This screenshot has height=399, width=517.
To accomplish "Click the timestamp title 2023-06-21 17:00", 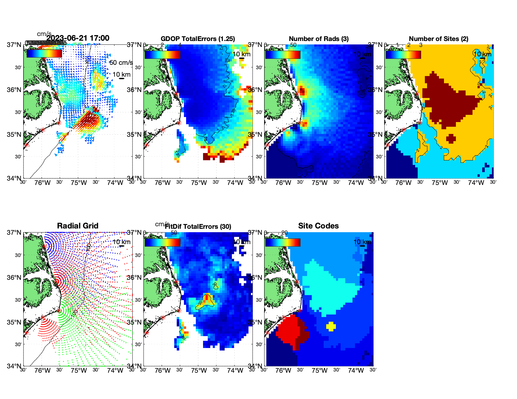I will point(78,38).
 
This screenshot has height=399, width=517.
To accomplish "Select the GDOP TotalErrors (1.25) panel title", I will point(198,39).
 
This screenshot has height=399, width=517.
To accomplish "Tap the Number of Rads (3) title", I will point(319,39).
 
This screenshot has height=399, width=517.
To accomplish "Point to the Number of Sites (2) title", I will point(439,39).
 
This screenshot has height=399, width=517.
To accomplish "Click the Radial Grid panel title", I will point(78,226).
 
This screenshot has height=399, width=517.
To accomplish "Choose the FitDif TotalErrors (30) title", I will point(198,227).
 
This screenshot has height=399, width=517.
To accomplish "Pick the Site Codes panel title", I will point(318,226).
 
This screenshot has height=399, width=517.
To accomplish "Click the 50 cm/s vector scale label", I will point(121,63).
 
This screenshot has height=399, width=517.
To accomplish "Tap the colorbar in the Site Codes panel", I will point(283,243).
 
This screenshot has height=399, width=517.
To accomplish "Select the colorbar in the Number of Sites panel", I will point(403,55).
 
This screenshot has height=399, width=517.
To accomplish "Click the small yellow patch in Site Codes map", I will point(331,326).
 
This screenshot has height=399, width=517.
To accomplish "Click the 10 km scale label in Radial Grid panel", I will point(121,242).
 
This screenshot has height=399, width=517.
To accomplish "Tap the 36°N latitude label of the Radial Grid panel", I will point(14,278).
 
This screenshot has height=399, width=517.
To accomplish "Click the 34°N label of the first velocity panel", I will point(14,178).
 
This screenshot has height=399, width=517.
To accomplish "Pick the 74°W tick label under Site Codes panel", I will point(356,371).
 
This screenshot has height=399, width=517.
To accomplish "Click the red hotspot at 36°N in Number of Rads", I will point(302,91).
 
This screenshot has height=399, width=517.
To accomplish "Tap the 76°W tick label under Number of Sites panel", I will point(403,183).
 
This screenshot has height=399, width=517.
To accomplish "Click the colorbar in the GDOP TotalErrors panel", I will point(162,55).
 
